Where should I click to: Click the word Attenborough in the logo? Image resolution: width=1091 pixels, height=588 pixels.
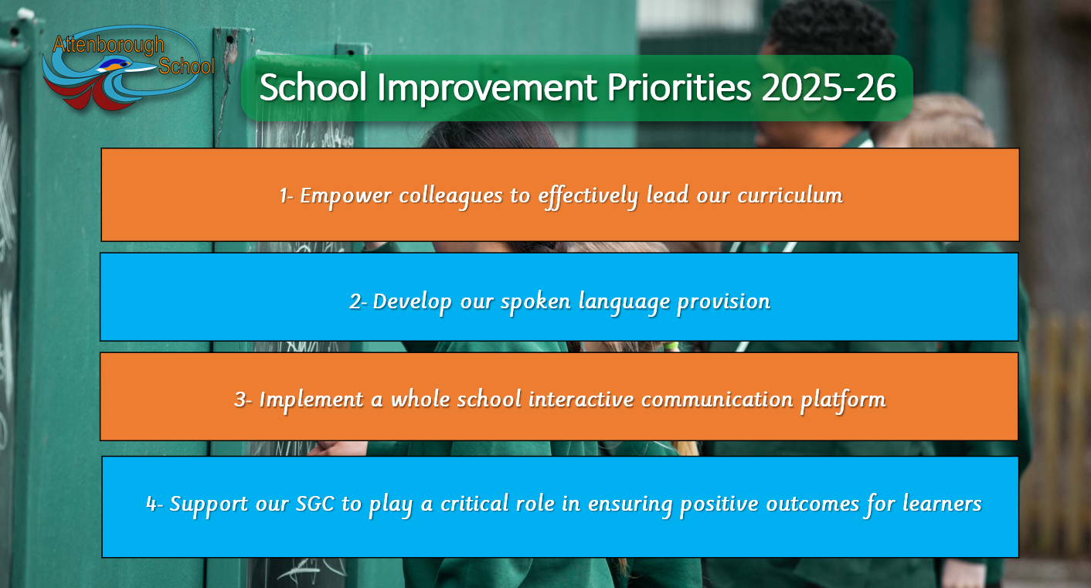pos(108,45)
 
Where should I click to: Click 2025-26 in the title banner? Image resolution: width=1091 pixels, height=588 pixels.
pos(828,87)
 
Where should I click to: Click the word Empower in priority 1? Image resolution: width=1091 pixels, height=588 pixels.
pos(345,196)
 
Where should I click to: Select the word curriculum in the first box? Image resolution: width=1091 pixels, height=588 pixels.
pos(790,195)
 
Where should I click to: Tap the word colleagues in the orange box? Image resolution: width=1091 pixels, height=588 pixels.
pos(450,196)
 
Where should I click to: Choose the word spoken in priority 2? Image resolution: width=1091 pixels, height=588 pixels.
pos(535,301)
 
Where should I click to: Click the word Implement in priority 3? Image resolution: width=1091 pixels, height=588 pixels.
pos(311,400)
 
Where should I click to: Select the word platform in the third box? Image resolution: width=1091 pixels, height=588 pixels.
pos(843,400)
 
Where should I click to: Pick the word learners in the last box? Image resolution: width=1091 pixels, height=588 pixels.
pos(942,503)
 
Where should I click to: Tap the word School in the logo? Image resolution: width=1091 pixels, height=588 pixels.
pos(186,66)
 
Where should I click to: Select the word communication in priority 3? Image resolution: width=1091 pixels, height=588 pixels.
pos(717,399)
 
